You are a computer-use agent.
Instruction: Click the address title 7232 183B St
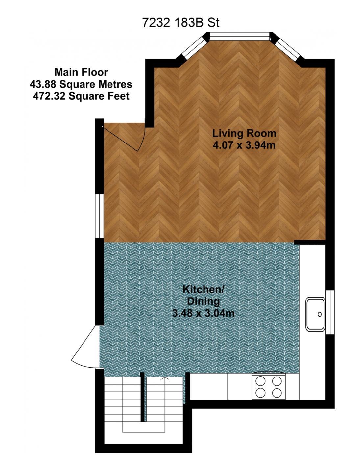(180, 23)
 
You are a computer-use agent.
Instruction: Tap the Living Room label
(244, 133)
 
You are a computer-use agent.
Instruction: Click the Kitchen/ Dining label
(204, 295)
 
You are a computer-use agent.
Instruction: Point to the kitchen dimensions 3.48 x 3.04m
(204, 313)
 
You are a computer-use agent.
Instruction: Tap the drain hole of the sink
(320, 314)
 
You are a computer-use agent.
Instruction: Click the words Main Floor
(81, 72)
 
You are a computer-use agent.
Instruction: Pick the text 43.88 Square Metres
(81, 84)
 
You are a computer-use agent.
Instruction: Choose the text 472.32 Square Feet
(81, 96)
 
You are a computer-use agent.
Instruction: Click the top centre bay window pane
(240, 36)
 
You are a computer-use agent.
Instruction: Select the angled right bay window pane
(287, 48)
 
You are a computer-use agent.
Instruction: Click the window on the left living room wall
(100, 216)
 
